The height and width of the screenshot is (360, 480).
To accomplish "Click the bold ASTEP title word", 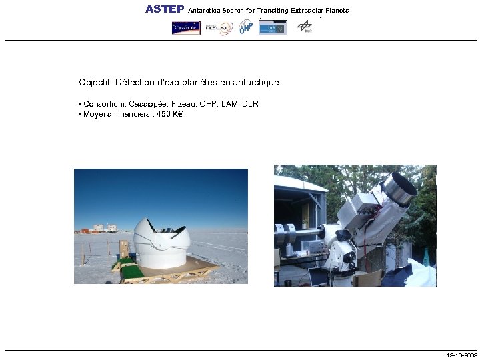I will pyautogui.click(x=165, y=9).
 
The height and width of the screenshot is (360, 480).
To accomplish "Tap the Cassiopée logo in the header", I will pyautogui.click(x=186, y=28).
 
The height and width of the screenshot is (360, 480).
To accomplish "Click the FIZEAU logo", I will pyautogui.click(x=218, y=28).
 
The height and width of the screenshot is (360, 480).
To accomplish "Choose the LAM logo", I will pyautogui.click(x=273, y=28).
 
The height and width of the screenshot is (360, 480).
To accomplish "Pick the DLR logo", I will pyautogui.click(x=305, y=27).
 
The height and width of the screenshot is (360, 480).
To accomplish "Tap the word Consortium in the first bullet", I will pyautogui.click(x=103, y=104).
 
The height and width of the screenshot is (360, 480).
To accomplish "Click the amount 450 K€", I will pyautogui.click(x=169, y=114).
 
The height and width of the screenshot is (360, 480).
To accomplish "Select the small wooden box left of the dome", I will pyautogui.click(x=123, y=249).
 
